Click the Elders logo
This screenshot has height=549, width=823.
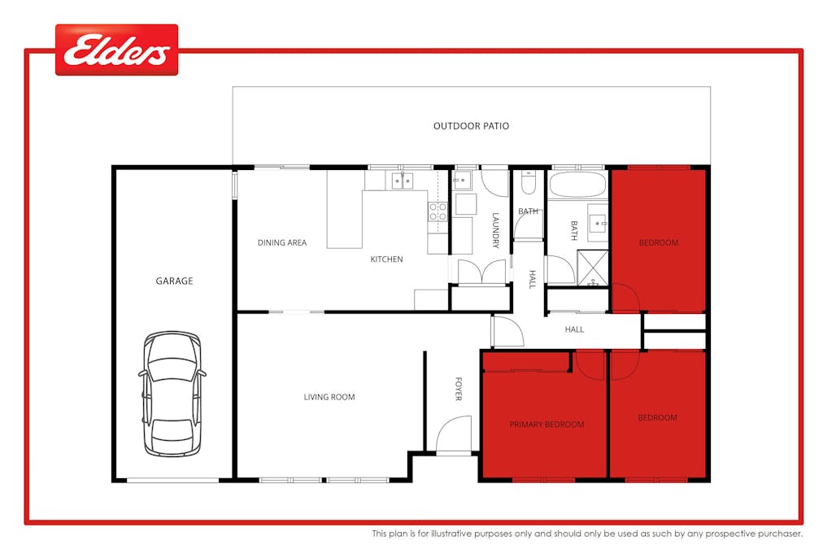click(116, 50)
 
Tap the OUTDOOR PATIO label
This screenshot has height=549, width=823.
click(471, 126)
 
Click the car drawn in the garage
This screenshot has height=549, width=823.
click(172, 393)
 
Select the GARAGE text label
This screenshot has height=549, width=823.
click(174, 281)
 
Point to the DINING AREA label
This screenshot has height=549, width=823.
click(282, 242)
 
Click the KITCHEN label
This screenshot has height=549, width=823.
click(386, 259)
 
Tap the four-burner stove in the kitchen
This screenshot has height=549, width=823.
click(438, 212)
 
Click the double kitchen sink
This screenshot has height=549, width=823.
click(401, 181)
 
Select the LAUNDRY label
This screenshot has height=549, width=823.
click(495, 230)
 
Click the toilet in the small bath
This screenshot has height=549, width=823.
click(528, 184)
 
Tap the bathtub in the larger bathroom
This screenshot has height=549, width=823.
click(577, 185)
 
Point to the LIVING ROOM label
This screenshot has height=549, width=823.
click(329, 397)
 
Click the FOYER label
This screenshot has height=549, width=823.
click(458, 389)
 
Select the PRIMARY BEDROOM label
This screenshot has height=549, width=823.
click(546, 425)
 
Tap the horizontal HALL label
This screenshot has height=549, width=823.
click(575, 329)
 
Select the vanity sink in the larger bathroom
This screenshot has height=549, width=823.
click(598, 220)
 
